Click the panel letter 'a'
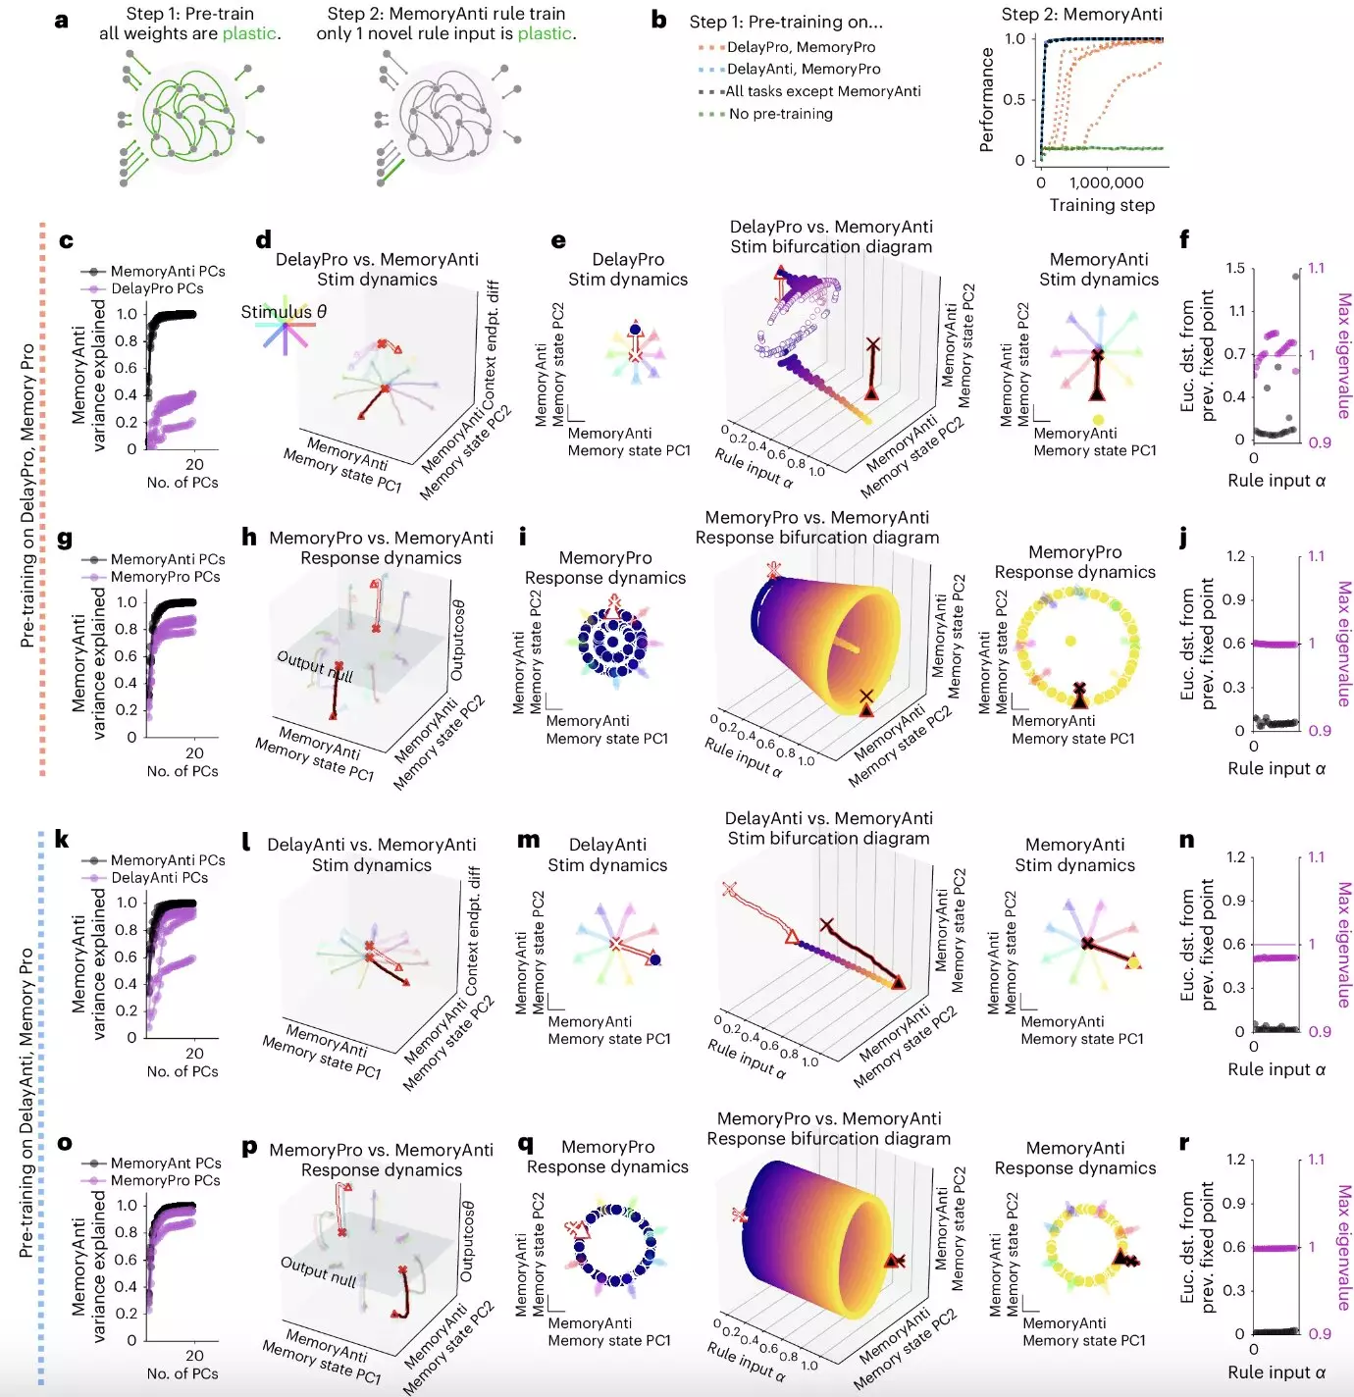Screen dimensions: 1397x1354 [x=62, y=20]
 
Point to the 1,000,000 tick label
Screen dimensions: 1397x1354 [x=1106, y=182]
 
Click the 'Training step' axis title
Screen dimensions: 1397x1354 [x=1102, y=205]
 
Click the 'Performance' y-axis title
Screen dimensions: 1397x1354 [x=987, y=100]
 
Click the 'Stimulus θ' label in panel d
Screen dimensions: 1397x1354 [x=284, y=312]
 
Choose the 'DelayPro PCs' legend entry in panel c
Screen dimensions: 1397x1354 [x=157, y=288]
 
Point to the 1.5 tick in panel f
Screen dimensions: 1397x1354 [x=1235, y=268]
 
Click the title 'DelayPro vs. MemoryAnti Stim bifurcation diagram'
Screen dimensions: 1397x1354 [x=831, y=236]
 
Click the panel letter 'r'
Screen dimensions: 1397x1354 [x=1184, y=1142]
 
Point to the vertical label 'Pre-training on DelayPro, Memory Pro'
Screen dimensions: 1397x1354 [x=26, y=495]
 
